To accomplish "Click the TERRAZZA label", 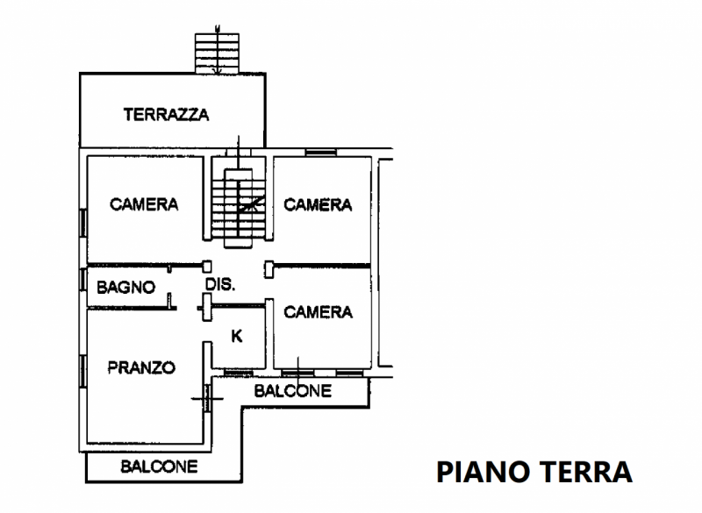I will [166, 114].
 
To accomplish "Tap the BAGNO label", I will [126, 287].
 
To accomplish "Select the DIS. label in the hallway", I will [218, 285].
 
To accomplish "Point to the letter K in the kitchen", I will [236, 335].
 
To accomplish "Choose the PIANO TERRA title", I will [534, 471].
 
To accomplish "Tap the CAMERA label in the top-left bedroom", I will [144, 204].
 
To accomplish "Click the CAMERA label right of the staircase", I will [318, 205].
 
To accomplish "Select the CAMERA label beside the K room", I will [319, 312].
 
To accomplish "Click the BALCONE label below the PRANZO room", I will [159, 467].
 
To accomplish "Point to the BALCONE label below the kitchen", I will [293, 391].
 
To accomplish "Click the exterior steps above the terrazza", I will [218, 52].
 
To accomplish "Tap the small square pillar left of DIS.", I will [207, 266].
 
